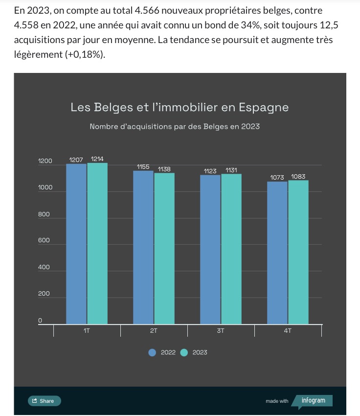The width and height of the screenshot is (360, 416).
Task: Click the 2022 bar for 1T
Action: tap(76, 244)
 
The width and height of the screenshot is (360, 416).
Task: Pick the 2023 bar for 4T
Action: tap(298, 252)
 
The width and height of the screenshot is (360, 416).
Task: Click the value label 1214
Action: tap(97, 159)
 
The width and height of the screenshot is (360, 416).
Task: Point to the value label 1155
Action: tap(143, 167)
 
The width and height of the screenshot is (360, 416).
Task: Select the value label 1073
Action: tap(277, 177)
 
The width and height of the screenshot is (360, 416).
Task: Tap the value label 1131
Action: tap(231, 170)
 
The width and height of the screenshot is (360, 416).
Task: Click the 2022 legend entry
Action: tap(162, 352)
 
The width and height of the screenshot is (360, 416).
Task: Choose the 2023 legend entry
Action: tap(194, 352)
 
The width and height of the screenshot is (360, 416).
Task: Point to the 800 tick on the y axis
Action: tap(44, 214)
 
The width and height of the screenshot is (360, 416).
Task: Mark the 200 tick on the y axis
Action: tap(44, 294)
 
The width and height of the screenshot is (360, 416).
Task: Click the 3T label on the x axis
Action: tap(221, 331)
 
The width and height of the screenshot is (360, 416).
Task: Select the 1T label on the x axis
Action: tap(87, 331)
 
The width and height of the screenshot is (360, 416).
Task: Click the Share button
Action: tap(44, 401)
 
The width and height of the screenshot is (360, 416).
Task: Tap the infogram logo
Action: tap(313, 400)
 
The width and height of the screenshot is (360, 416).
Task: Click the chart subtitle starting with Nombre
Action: tap(175, 126)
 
